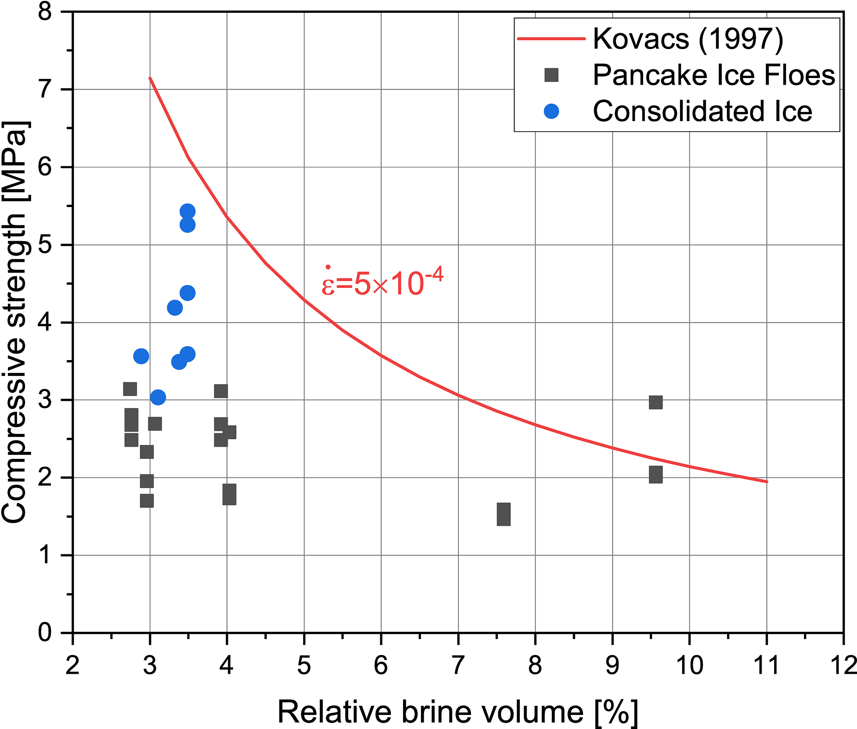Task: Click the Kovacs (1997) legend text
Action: click(688, 39)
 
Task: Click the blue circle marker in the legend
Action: click(551, 111)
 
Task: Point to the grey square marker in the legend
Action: click(551, 75)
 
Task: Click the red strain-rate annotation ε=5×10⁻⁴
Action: click(382, 282)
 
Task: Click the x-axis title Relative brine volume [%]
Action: click(457, 712)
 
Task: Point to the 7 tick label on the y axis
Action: click(45, 90)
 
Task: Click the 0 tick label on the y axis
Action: click(45, 633)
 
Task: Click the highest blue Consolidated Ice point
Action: click(187, 212)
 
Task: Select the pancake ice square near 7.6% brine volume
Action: click(503, 514)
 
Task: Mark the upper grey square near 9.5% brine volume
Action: click(655, 402)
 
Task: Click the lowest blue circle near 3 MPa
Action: click(158, 397)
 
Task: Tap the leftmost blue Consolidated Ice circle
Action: click(141, 356)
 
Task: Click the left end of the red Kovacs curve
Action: click(150, 78)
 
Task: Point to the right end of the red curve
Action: click(767, 482)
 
